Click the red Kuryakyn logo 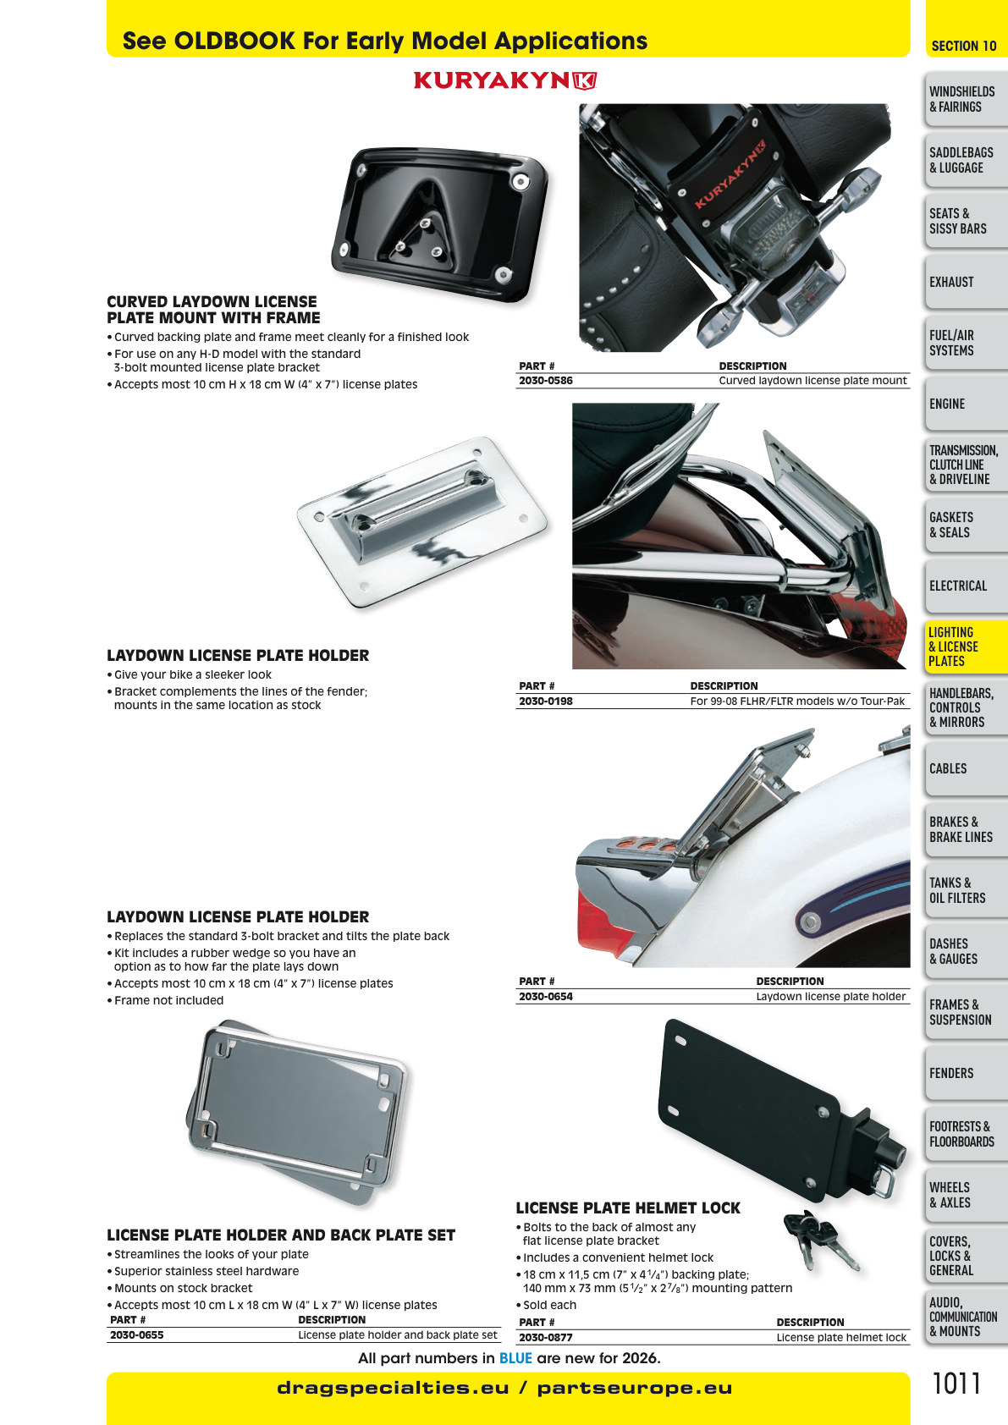pyautogui.click(x=505, y=80)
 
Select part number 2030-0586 pyautogui.click(x=545, y=381)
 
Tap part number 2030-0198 pyautogui.click(x=545, y=701)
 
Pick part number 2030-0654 pyautogui.click(x=545, y=996)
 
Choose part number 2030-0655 pyautogui.click(x=137, y=1334)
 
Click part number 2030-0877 pyautogui.click(x=545, y=1337)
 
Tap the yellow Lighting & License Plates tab pyautogui.click(x=967, y=647)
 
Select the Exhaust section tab pyautogui.click(x=967, y=282)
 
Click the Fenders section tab pyautogui.click(x=967, y=1073)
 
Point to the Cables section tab pyautogui.click(x=967, y=768)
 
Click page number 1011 pyautogui.click(x=956, y=1384)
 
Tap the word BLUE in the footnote pyautogui.click(x=515, y=1358)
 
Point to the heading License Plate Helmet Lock pyautogui.click(x=628, y=1208)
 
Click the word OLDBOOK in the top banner pyautogui.click(x=234, y=41)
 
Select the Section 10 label pyautogui.click(x=963, y=46)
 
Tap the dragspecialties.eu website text pyautogui.click(x=393, y=1388)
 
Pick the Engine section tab pyautogui.click(x=967, y=404)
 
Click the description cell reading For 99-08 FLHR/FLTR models pyautogui.click(x=797, y=701)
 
